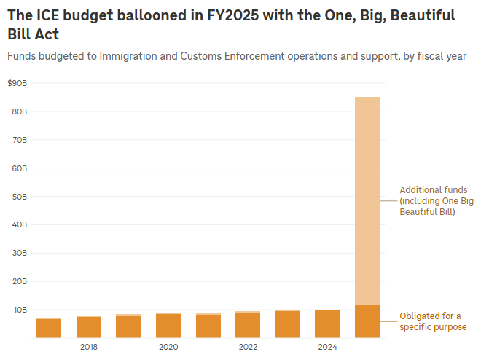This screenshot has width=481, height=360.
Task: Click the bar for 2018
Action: (x=89, y=327)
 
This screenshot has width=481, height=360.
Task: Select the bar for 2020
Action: (x=168, y=326)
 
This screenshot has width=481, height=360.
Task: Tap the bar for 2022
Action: (x=248, y=325)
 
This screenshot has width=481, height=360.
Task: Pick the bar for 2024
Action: (x=327, y=324)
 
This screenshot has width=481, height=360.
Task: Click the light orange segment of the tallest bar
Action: (x=367, y=197)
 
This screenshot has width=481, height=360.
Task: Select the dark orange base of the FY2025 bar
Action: (x=367, y=321)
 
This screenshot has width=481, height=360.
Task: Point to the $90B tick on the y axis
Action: (x=17, y=84)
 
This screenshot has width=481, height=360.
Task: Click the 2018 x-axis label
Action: (x=89, y=347)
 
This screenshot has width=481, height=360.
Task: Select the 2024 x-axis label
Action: (x=327, y=347)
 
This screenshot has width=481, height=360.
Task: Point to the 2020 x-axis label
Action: (x=168, y=347)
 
